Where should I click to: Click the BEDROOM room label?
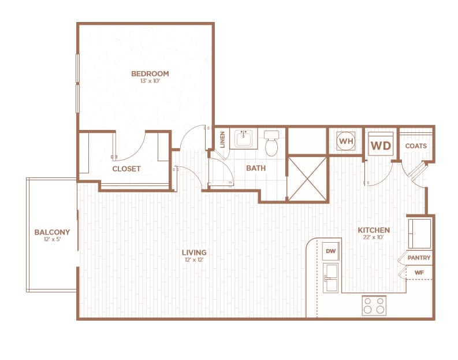point(150,73)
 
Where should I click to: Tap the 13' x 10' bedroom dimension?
point(150,81)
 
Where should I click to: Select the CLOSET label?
point(126,169)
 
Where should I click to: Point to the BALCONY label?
point(52,232)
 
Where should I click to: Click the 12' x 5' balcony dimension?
point(52,240)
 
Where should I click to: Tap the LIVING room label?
point(194,253)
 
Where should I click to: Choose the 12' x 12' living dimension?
point(194,260)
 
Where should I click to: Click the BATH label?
point(255,169)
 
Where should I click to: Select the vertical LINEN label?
point(222,140)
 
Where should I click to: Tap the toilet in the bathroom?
point(271,143)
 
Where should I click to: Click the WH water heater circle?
point(345,141)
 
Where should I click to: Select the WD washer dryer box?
point(380,145)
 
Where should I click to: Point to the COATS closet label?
point(416,146)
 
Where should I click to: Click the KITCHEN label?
point(373,229)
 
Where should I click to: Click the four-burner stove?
point(374,305)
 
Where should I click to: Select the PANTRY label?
point(419,258)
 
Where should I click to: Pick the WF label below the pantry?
point(419,271)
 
